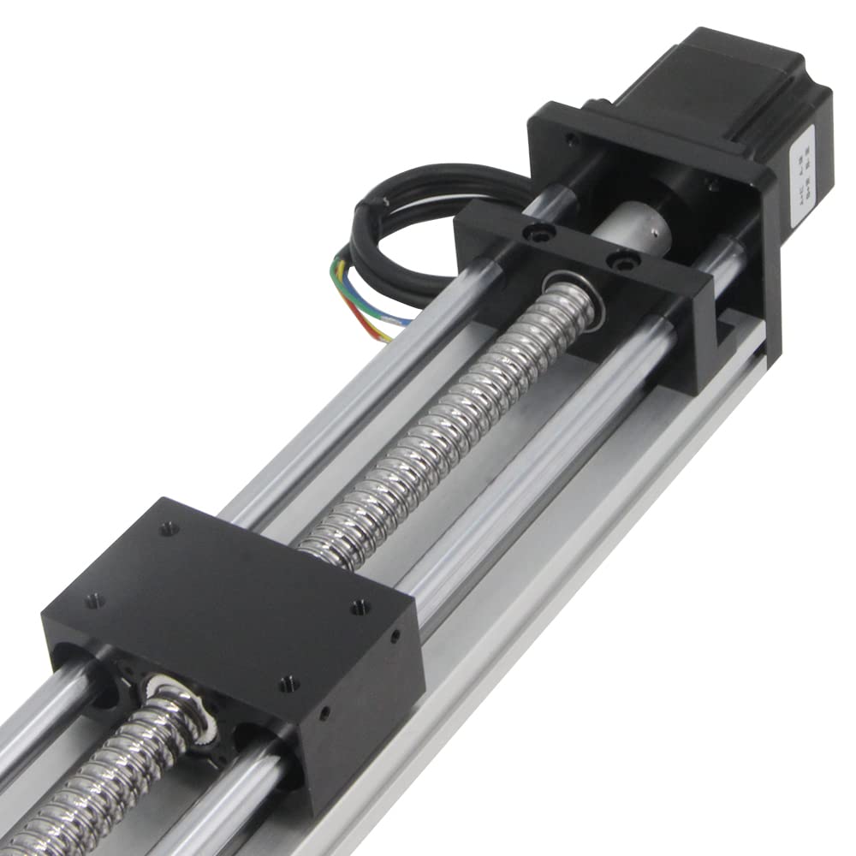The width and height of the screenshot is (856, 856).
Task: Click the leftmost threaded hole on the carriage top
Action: (x=94, y=600)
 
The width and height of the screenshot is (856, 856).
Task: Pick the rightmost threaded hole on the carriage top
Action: (x=360, y=607)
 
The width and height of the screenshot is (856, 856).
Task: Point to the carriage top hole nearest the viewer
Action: (x=288, y=683)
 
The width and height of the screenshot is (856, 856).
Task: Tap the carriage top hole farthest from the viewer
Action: (x=169, y=528)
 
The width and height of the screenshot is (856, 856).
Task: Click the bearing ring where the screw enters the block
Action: (x=571, y=291)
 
